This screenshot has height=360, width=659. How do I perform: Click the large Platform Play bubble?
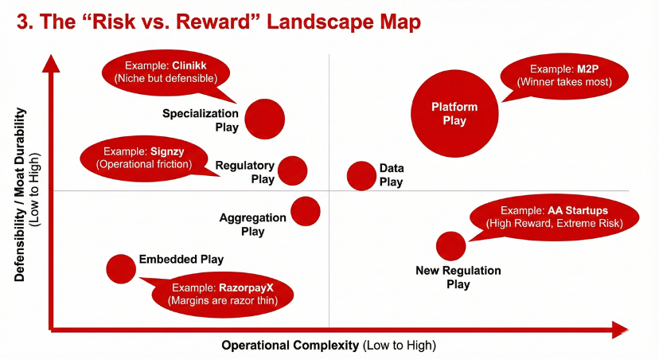[454, 114]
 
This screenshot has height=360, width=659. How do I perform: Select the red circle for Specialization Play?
[265, 119]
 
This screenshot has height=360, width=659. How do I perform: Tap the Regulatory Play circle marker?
[293, 170]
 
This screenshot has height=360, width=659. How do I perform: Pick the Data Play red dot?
[361, 176]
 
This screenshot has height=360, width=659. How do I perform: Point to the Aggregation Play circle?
[306, 211]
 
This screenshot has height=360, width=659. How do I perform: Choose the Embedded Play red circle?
[121, 269]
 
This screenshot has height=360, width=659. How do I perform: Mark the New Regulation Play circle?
[451, 246]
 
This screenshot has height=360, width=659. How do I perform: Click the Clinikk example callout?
[166, 72]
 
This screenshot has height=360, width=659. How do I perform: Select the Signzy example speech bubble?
[144, 158]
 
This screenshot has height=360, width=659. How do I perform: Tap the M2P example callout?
[564, 76]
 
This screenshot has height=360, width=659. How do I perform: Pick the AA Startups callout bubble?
[554, 217]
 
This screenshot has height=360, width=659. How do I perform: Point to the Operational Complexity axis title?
[329, 346]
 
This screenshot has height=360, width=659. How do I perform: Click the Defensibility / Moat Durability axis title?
[26, 194]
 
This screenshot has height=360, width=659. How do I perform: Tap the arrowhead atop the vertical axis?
[51, 64]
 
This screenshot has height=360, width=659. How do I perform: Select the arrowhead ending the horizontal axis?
[619, 330]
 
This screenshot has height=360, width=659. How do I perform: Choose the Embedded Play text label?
[181, 260]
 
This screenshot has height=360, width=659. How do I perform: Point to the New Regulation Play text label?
[458, 277]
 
